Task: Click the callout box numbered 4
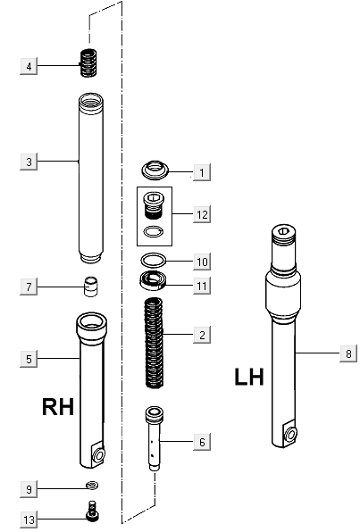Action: pyautogui.click(x=29, y=66)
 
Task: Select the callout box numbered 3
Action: pyautogui.click(x=29, y=162)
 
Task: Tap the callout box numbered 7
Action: pyautogui.click(x=29, y=287)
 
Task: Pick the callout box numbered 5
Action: pyautogui.click(x=29, y=359)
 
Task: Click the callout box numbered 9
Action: pyautogui.click(x=29, y=489)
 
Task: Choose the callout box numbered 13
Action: pyautogui.click(x=29, y=520)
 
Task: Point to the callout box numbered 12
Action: pyautogui.click(x=202, y=214)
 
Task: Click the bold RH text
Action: pyautogui.click(x=59, y=408)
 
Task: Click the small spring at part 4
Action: pyautogui.click(x=88, y=63)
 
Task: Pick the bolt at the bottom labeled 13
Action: pyautogui.click(x=90, y=512)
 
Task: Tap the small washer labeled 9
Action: pyautogui.click(x=90, y=486)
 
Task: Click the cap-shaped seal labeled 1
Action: pyautogui.click(x=156, y=170)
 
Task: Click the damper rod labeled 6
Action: pyautogui.click(x=155, y=437)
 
